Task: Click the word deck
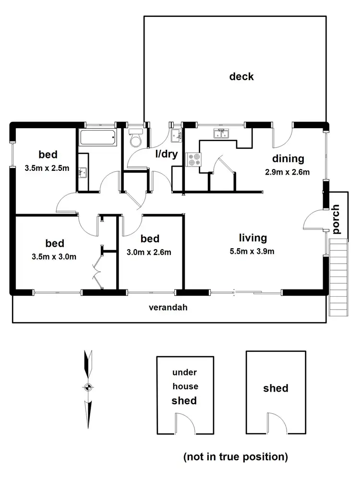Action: pos(241,76)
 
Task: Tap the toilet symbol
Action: pos(136,138)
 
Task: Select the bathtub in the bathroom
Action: pos(97,138)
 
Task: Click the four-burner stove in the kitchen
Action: pos(194,159)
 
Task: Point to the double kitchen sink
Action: pos(221,134)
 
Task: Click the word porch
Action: pos(336,219)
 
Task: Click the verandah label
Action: pos(168,308)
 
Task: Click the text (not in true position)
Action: pos(235,456)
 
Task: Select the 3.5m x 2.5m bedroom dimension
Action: pos(47,168)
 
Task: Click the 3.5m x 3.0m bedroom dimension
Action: pos(47,256)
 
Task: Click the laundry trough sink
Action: pos(176,134)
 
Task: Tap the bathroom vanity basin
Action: pos(83,171)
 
